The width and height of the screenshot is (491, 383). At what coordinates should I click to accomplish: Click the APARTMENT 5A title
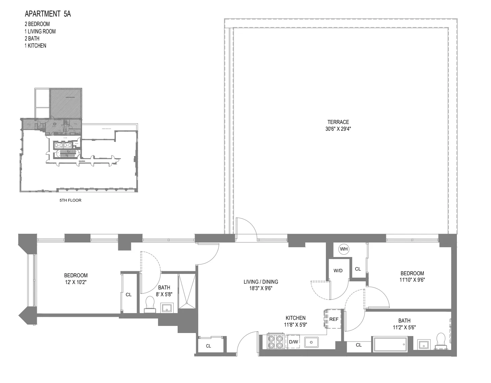48,14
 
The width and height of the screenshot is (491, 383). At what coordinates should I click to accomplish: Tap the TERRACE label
338,122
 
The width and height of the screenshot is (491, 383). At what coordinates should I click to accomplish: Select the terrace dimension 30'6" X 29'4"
338,129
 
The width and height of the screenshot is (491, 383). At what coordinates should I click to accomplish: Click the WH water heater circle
344,249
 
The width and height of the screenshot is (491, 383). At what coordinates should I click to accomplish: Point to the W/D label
338,271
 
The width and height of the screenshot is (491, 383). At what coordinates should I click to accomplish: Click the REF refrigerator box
333,319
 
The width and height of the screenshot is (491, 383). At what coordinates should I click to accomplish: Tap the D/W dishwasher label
293,342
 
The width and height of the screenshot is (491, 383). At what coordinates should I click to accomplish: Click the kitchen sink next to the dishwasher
312,342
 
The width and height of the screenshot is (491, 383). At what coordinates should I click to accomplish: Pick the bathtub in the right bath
390,344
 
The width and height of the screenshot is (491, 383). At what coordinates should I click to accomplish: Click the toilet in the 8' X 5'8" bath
149,304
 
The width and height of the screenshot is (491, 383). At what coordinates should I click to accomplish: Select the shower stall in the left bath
186,290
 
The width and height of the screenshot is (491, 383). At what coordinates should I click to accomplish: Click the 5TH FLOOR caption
70,200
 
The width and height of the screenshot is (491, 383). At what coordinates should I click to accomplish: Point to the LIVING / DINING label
261,282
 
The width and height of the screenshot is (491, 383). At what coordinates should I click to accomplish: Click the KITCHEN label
295,318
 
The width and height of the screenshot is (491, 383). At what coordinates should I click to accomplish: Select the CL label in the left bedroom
129,295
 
